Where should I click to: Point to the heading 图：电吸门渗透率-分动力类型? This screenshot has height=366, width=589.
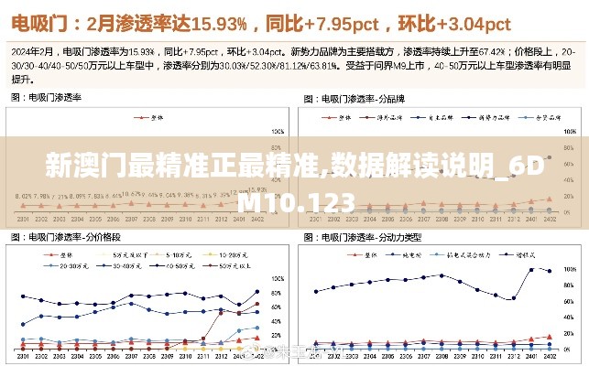pyautogui.click(x=361, y=238)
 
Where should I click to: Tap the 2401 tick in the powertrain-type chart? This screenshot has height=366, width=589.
pyautogui.click(x=531, y=358)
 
